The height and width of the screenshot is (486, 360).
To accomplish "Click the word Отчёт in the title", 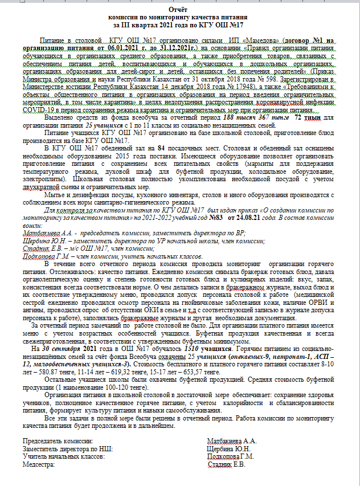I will pos(180,10).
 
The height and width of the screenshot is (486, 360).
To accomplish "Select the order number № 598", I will pos(249,79).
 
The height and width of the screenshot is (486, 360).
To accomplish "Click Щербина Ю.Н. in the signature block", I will pos(230,449).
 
